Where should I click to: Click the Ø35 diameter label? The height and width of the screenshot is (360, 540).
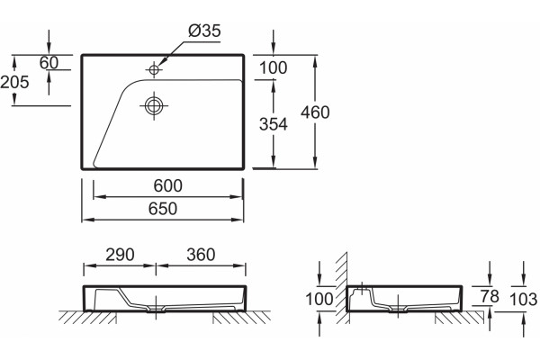point(204,31)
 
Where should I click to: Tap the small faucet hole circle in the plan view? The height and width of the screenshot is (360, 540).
point(154,70)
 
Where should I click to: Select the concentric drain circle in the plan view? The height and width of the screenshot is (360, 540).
point(154,105)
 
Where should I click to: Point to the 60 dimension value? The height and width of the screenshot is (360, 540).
point(49,63)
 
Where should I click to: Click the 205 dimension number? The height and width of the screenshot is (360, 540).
point(14,82)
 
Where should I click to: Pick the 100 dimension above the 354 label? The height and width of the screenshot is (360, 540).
point(273,67)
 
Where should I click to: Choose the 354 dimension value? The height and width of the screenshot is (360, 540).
point(273,124)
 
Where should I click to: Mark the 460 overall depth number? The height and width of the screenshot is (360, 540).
point(315,112)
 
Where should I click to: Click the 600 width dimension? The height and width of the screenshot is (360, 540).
point(167,185)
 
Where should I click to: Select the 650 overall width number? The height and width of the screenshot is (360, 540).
point(163,209)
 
